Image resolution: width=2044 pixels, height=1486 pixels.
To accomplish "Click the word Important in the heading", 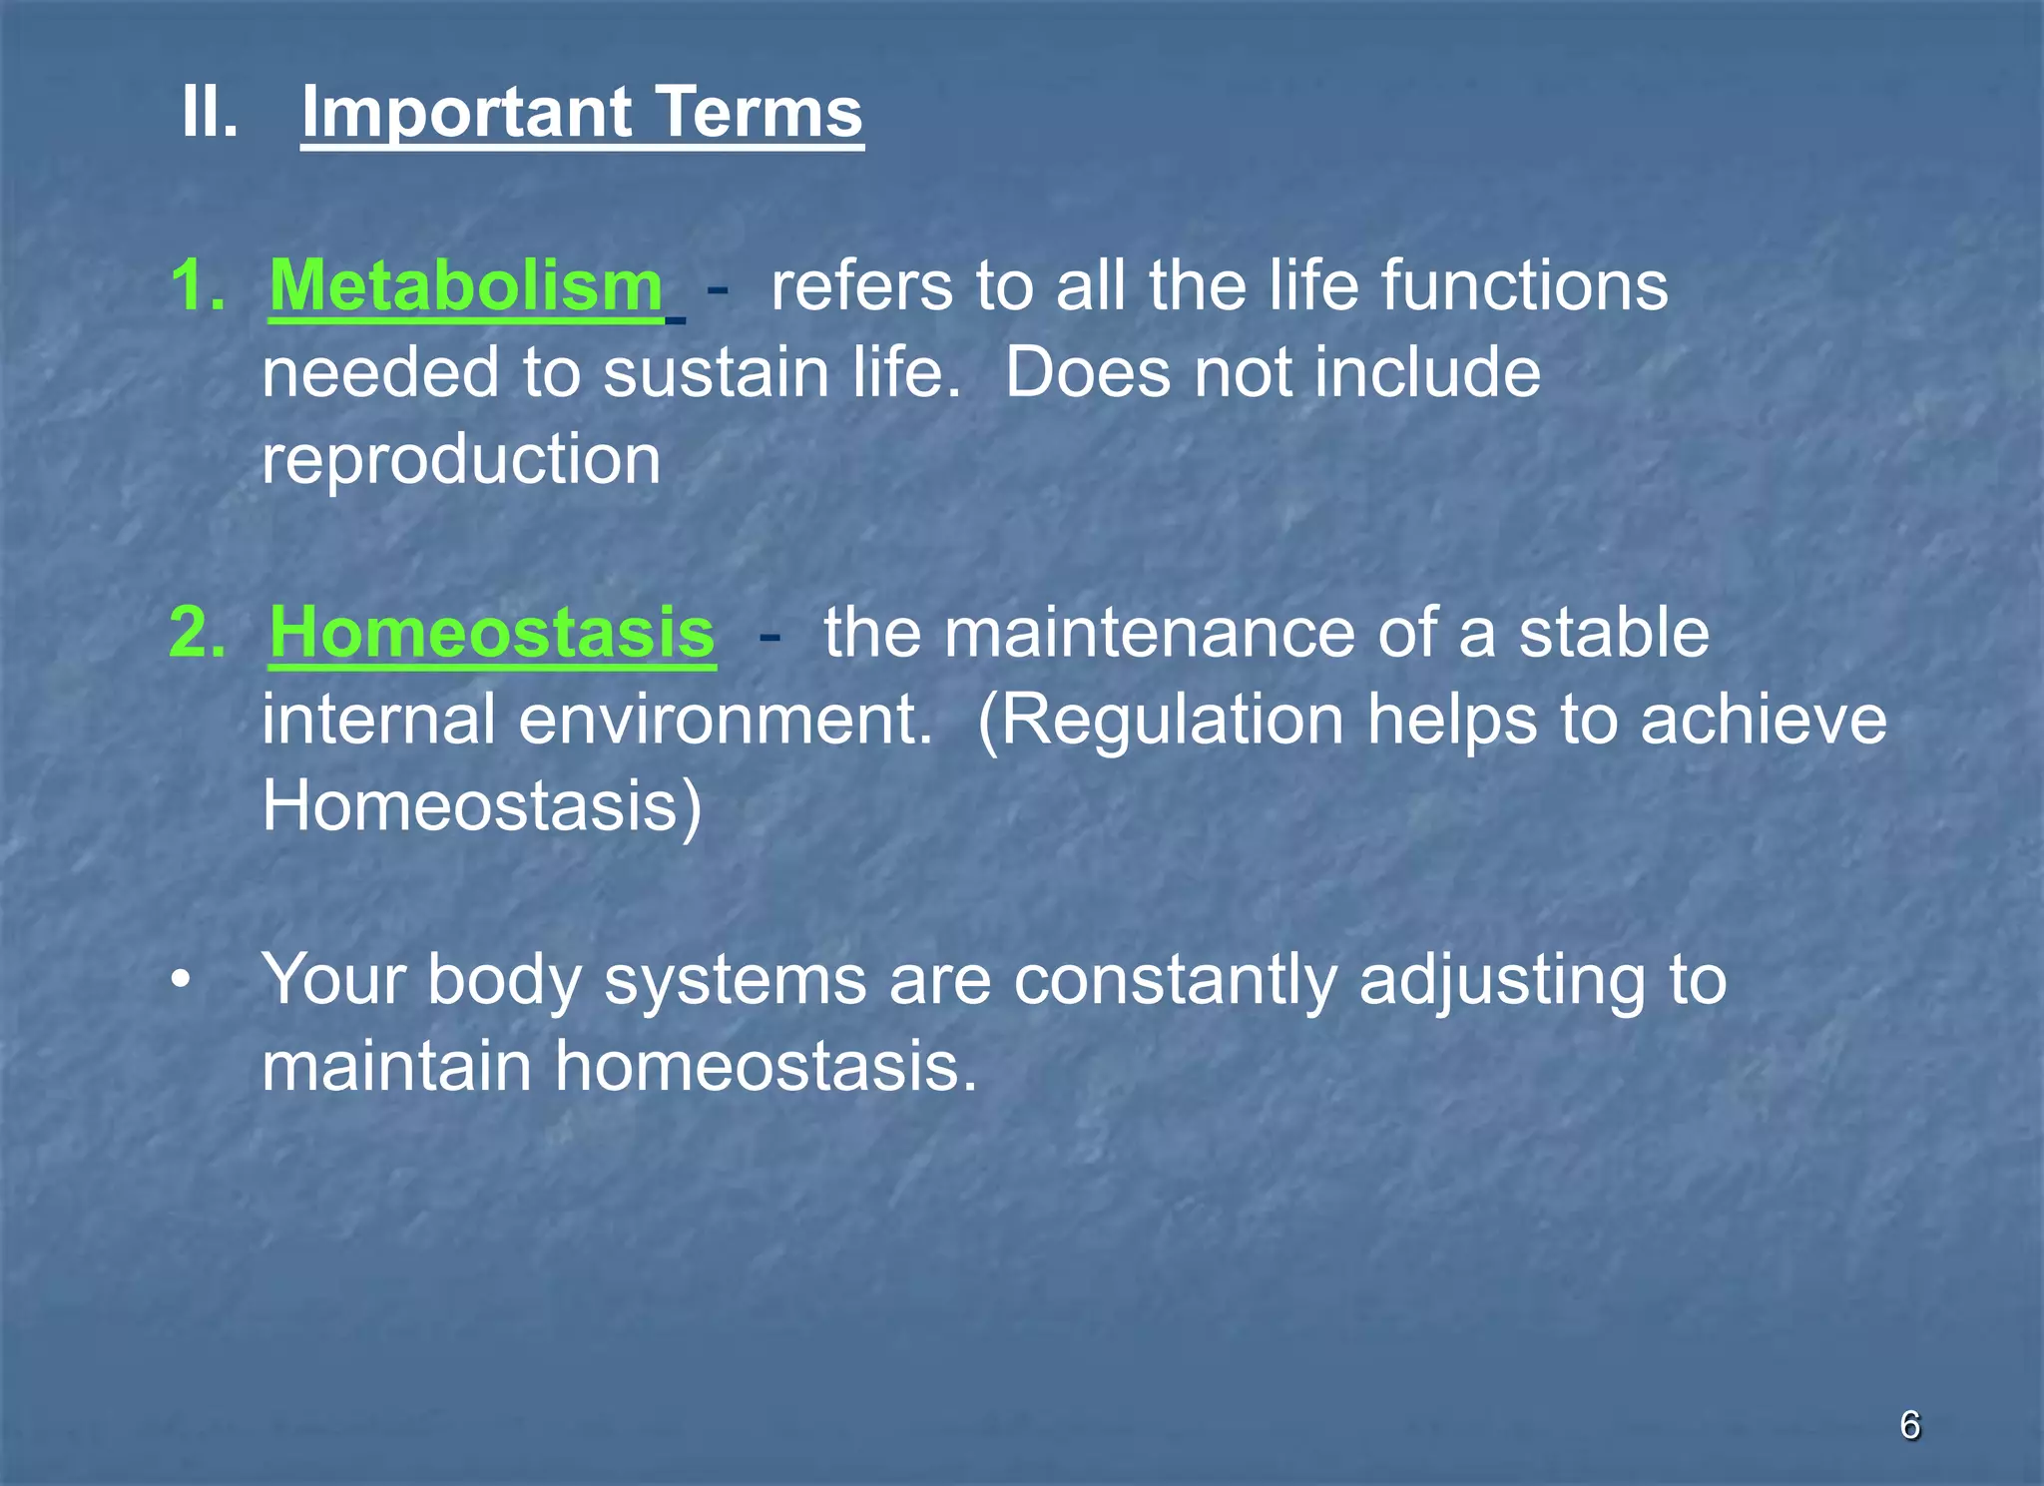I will tap(466, 113).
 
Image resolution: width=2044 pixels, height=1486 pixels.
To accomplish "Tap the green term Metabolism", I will tap(466, 285).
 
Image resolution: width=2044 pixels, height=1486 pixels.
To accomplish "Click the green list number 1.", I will tap(197, 286).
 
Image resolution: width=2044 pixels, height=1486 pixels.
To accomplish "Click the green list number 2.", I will tap(197, 633).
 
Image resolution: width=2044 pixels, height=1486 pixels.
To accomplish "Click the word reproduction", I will tap(461, 460).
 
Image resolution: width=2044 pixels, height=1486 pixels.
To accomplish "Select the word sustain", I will tap(716, 372).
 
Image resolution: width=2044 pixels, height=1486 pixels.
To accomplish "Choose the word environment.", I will tap(725, 720).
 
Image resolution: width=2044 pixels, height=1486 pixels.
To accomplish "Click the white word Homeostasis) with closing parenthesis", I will tap(482, 806).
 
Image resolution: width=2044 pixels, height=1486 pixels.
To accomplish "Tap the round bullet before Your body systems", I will tap(180, 980).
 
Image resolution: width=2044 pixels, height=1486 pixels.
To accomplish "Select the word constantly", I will tap(1175, 980).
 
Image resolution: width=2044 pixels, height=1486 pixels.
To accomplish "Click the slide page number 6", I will tap(1909, 1425).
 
